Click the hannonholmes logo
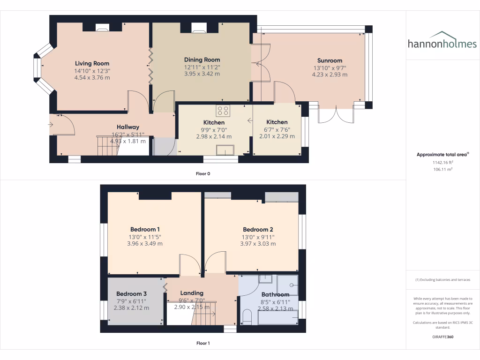442,41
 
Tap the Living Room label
92,64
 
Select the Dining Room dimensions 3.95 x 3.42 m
202,74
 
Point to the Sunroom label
330,60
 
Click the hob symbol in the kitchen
223,111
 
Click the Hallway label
128,127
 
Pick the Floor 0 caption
203,174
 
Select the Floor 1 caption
203,343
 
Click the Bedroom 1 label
142,230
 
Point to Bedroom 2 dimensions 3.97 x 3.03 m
258,244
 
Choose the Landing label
192,293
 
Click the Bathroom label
275,295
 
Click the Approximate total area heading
442,154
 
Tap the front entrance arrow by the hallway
51,124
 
